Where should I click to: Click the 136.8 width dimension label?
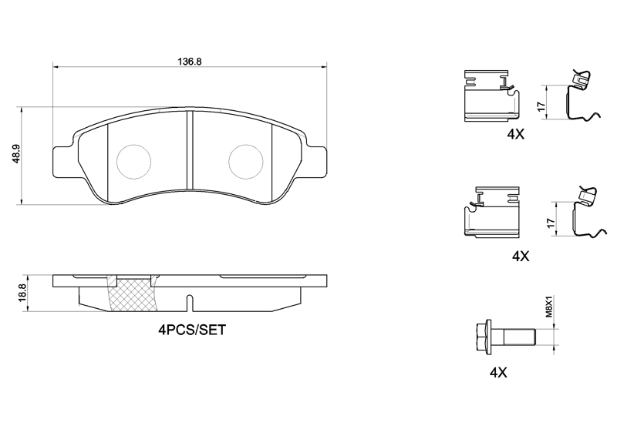[x=190, y=62]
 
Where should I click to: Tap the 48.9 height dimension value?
[x=16, y=156]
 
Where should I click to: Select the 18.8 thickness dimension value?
[x=22, y=293]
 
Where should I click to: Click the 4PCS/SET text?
[x=192, y=330]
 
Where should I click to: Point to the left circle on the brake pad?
[x=133, y=162]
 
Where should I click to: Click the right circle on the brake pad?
[x=246, y=162]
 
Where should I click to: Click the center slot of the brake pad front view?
[x=190, y=149]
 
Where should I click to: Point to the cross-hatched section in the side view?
[x=133, y=296]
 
